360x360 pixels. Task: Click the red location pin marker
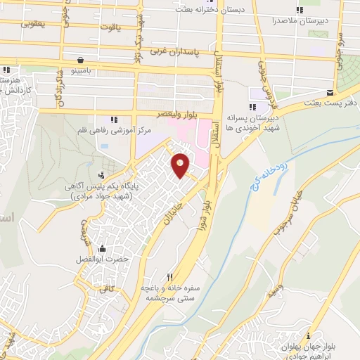[x=181, y=165]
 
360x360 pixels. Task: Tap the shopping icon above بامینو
[x=82, y=60]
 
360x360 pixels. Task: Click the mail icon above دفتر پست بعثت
[x=330, y=92]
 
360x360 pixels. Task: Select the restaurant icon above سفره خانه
[x=169, y=276]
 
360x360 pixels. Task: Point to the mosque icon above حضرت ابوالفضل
[x=103, y=248]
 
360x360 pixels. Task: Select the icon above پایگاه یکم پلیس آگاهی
[x=103, y=175]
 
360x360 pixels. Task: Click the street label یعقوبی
[x=32, y=23]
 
